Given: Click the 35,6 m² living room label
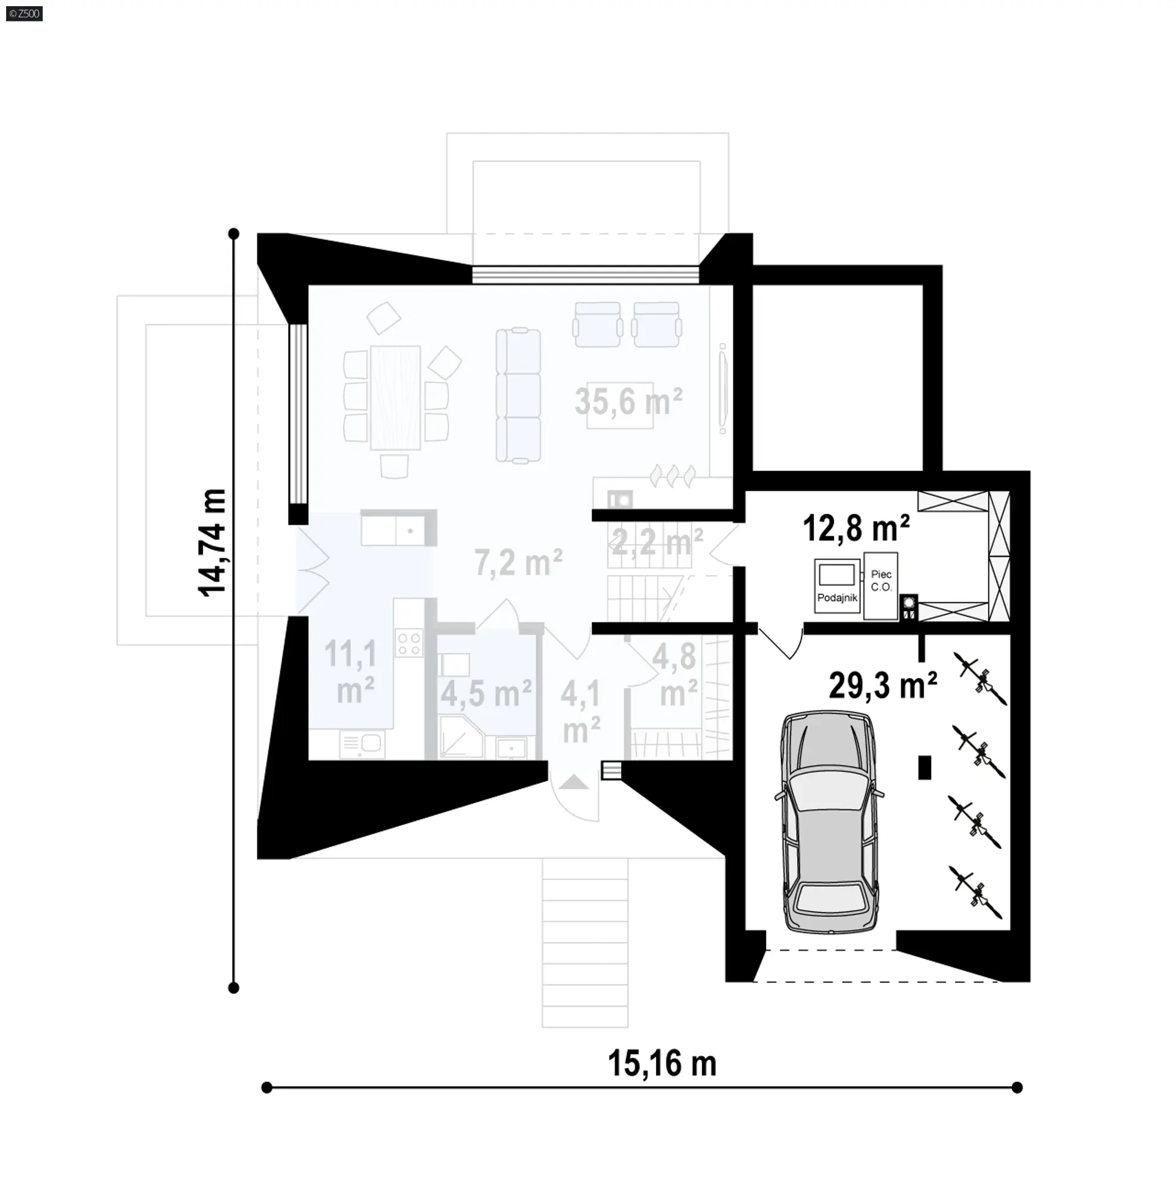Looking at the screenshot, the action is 629,402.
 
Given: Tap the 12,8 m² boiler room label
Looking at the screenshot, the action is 856,528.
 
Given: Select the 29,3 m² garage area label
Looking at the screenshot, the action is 883,685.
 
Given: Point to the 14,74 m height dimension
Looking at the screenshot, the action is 212,542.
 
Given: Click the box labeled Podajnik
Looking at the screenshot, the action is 837,586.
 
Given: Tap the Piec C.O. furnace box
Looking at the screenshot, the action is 881,586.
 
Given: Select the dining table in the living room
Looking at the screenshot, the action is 395,397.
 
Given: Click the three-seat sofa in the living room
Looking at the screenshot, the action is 519,396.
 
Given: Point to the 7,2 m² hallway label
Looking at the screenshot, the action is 519,563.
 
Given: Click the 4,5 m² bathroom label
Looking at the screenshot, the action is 486,693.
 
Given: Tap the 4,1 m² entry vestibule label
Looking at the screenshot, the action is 581,711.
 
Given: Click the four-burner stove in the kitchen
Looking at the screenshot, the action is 408,644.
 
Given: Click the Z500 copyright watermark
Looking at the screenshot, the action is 24,13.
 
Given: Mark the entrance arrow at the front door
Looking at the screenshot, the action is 574,782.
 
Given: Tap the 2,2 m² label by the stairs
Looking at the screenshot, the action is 657,541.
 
